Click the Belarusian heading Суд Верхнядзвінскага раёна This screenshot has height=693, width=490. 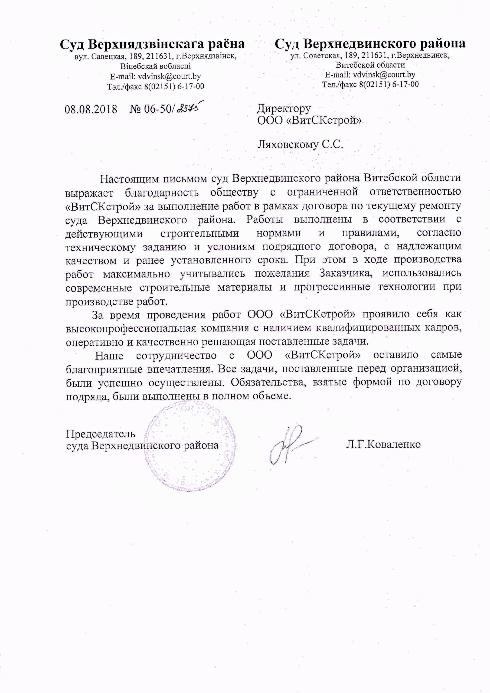point(152,44)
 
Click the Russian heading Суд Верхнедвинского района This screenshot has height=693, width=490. point(370,44)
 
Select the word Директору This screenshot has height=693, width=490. point(284,108)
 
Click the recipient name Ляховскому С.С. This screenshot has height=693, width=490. point(300,145)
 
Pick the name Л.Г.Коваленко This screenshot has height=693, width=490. point(383,444)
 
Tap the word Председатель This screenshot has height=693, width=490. point(100,434)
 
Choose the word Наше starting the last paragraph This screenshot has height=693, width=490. point(109,355)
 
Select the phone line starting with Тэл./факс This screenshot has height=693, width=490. point(155,87)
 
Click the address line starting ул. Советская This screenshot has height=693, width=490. point(370,55)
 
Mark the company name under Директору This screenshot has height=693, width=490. point(309,120)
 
